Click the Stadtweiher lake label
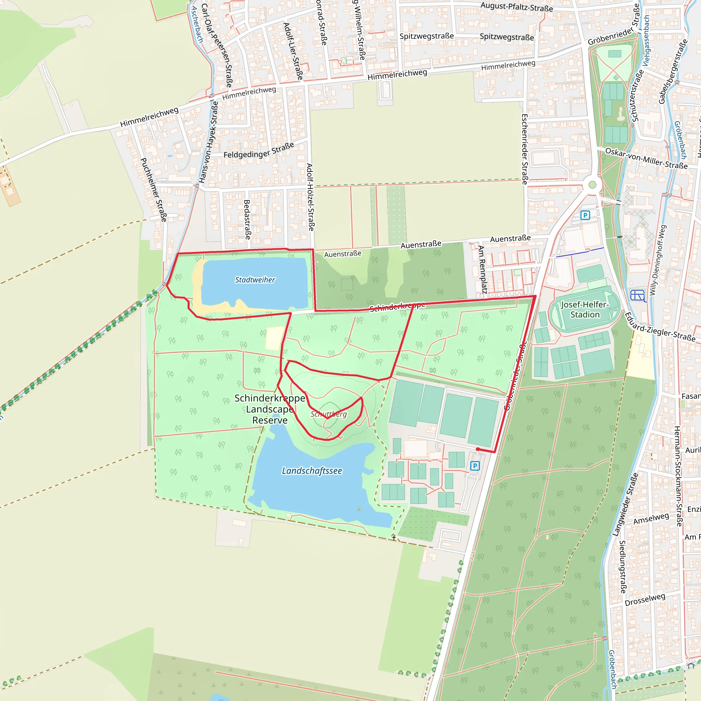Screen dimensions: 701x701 (255, 280)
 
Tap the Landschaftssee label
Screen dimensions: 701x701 (312, 471)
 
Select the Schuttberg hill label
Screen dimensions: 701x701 (328, 414)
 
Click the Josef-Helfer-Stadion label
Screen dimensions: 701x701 (585, 309)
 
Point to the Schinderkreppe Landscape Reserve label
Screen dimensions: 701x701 (270, 409)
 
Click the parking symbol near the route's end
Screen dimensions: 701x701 (475, 466)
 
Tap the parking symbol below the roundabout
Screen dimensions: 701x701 (585, 215)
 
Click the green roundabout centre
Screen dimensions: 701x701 (592, 185)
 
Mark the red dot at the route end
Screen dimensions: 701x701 (478, 449)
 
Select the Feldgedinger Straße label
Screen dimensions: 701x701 (259, 150)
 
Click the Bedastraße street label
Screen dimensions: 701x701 (247, 219)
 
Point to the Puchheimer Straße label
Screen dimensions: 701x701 (153, 189)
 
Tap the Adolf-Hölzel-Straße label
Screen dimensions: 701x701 (310, 197)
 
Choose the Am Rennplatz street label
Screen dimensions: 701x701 (482, 269)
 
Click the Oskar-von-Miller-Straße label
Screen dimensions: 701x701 (646, 158)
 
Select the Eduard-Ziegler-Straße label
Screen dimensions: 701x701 (660, 327)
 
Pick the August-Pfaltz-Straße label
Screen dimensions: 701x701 (516, 7)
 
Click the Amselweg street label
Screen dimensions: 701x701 (651, 519)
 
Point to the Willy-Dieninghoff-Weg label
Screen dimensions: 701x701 (657, 260)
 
